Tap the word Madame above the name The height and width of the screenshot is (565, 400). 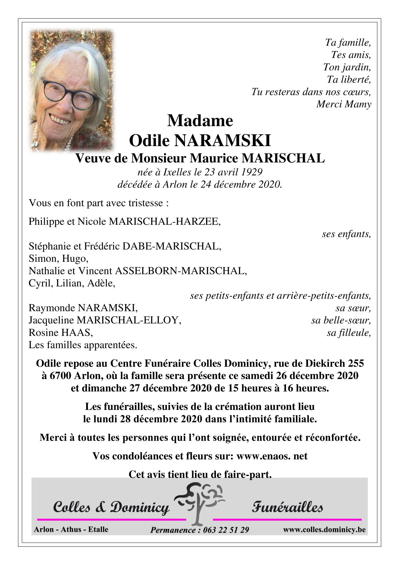click(x=200, y=121)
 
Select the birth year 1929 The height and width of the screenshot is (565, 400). click(x=252, y=172)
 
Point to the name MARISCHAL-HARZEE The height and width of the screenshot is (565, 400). click(x=165, y=222)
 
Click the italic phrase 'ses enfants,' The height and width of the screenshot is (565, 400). click(x=346, y=234)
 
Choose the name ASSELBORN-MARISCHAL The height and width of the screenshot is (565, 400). click(x=181, y=271)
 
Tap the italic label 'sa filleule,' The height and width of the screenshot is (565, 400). click(x=349, y=333)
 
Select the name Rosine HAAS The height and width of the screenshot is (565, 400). click(x=61, y=333)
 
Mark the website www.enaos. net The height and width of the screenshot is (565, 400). click(x=272, y=456)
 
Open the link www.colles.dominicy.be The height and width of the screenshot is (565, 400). click(x=324, y=530)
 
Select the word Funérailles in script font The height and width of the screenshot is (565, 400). click(x=287, y=508)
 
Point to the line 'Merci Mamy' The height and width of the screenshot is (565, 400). click(x=344, y=104)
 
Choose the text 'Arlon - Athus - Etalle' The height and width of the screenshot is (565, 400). click(x=71, y=530)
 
